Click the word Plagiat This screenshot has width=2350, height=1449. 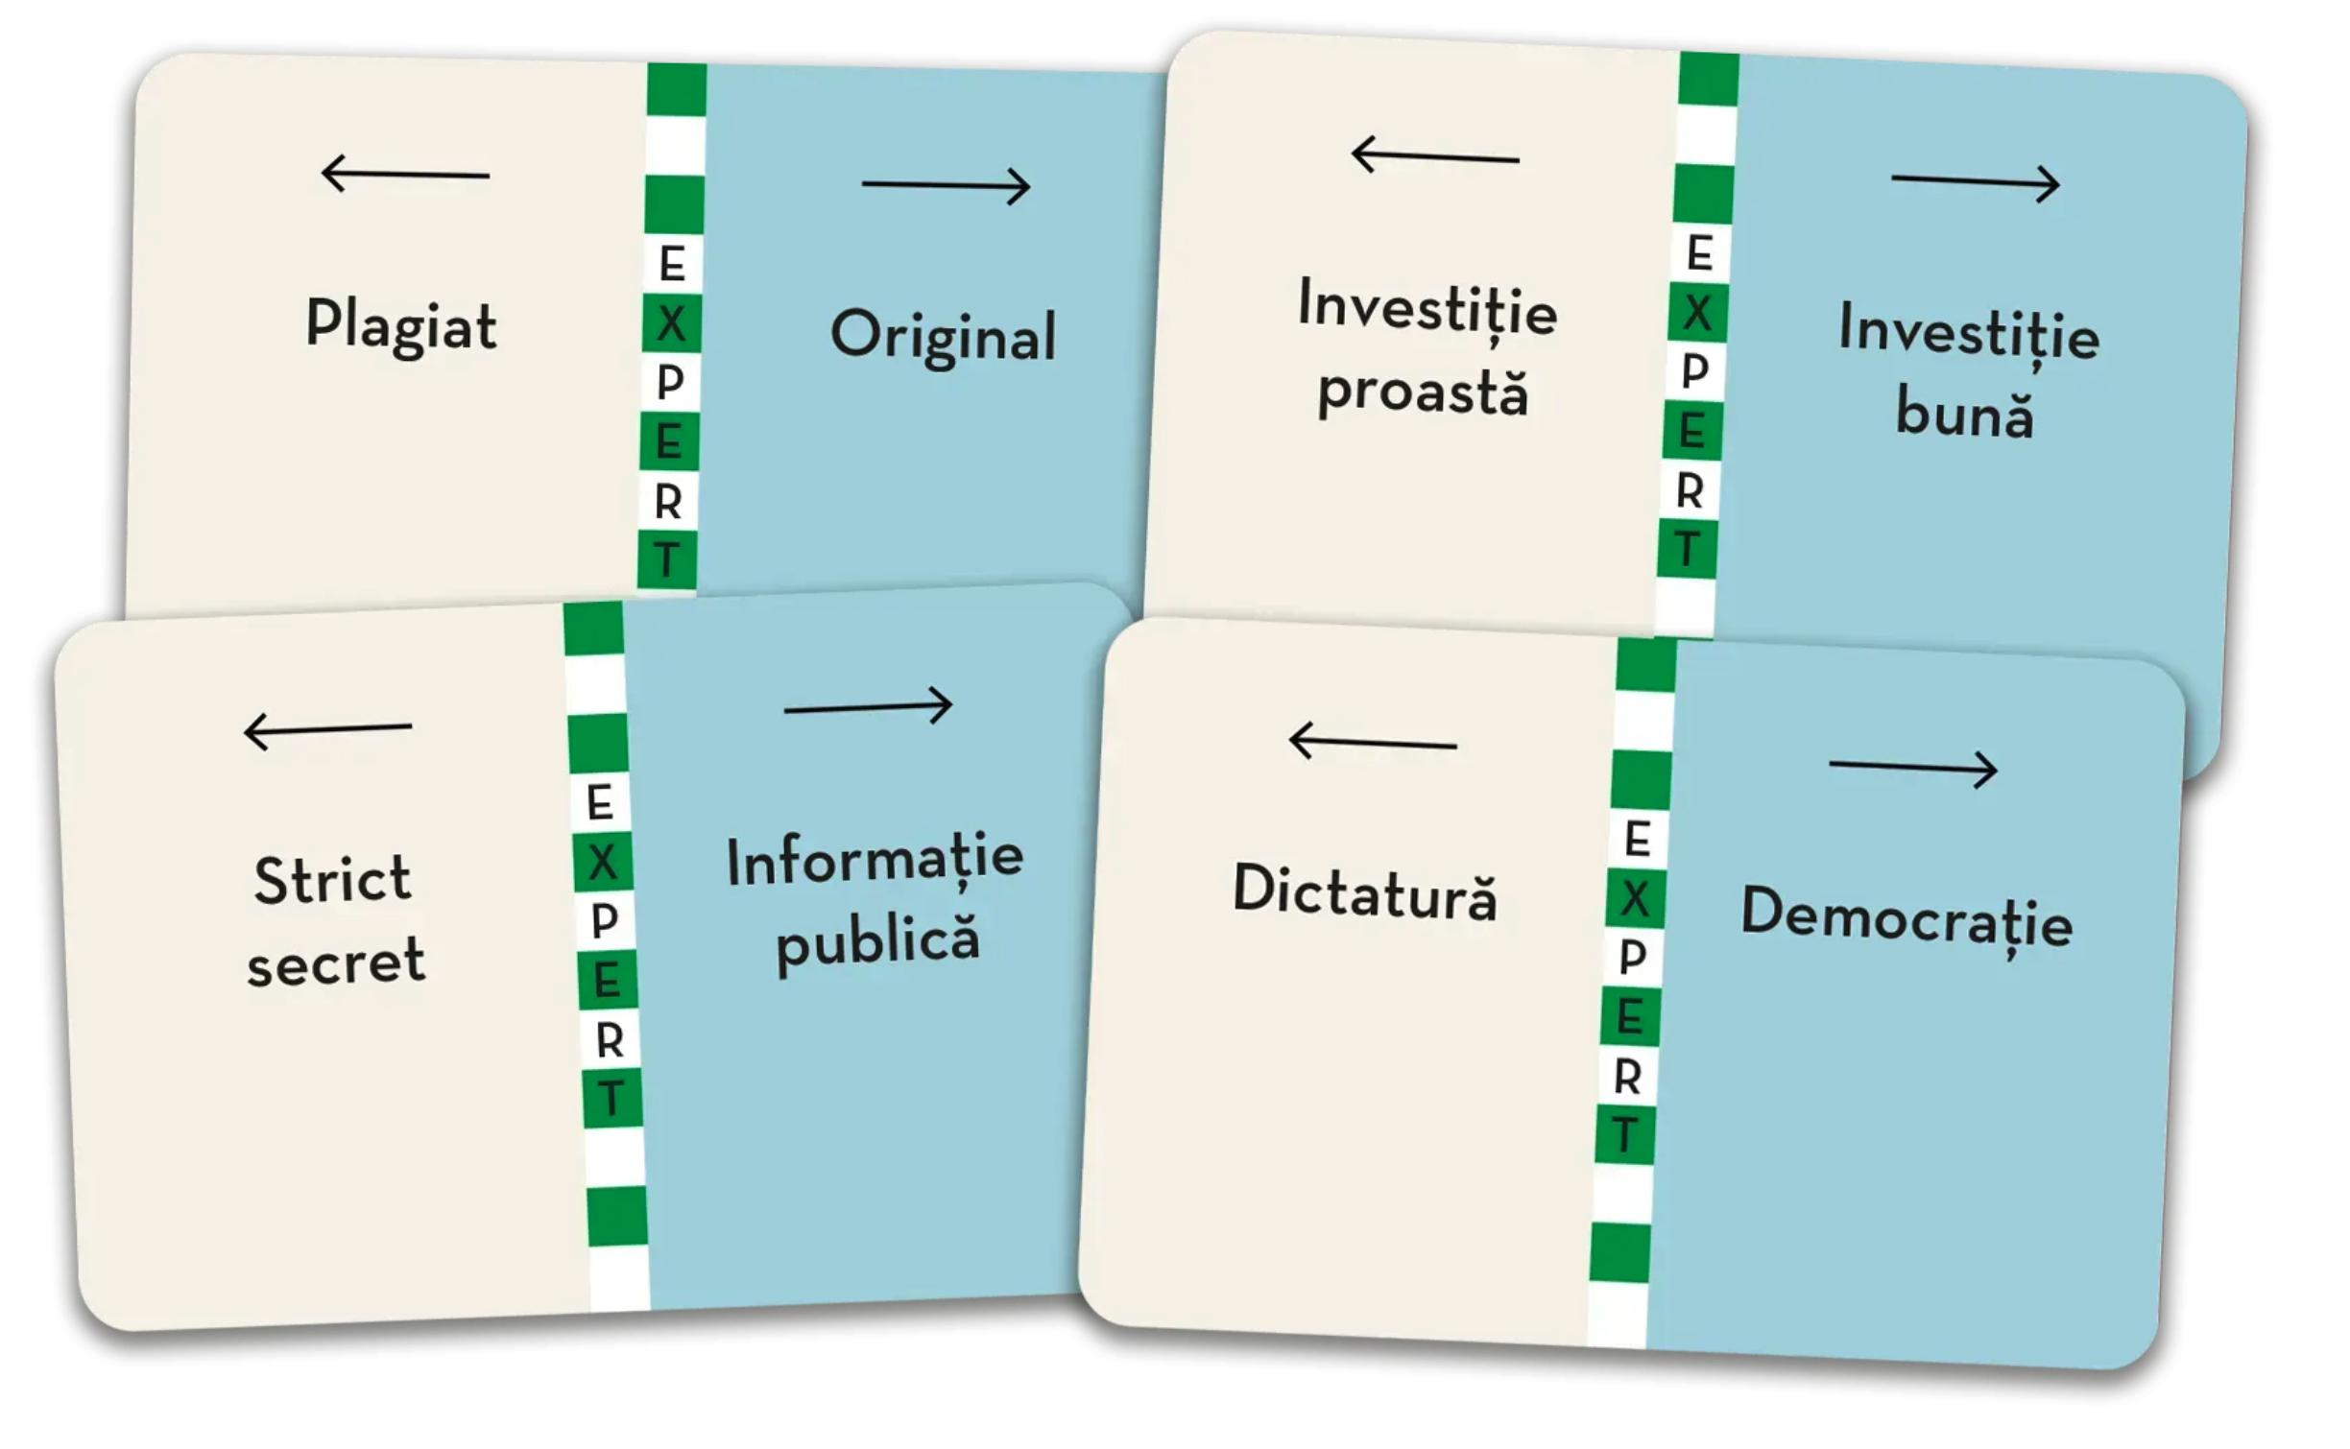tap(401, 326)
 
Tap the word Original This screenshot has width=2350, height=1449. tap(943, 337)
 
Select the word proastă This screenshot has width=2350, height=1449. tap(1422, 392)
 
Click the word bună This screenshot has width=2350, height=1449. tap(1964, 415)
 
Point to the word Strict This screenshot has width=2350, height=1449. tap(332, 879)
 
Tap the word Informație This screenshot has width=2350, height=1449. tap(875, 861)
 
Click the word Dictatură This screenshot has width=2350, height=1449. tap(1364, 891)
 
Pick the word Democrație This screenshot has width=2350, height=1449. tap(1906, 917)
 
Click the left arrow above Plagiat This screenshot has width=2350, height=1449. tap(405, 174)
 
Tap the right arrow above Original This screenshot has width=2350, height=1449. tap(946, 184)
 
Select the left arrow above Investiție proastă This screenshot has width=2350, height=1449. tap(1434, 155)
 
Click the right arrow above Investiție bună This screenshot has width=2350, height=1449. tap(1975, 182)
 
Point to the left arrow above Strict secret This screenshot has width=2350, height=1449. tap(327, 729)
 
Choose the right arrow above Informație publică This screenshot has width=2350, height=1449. tap(868, 706)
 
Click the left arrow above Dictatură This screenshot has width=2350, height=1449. tap(1372, 742)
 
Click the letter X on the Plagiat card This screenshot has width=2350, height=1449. tap(672, 323)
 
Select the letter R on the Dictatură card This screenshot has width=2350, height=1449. tap(1627, 1077)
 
